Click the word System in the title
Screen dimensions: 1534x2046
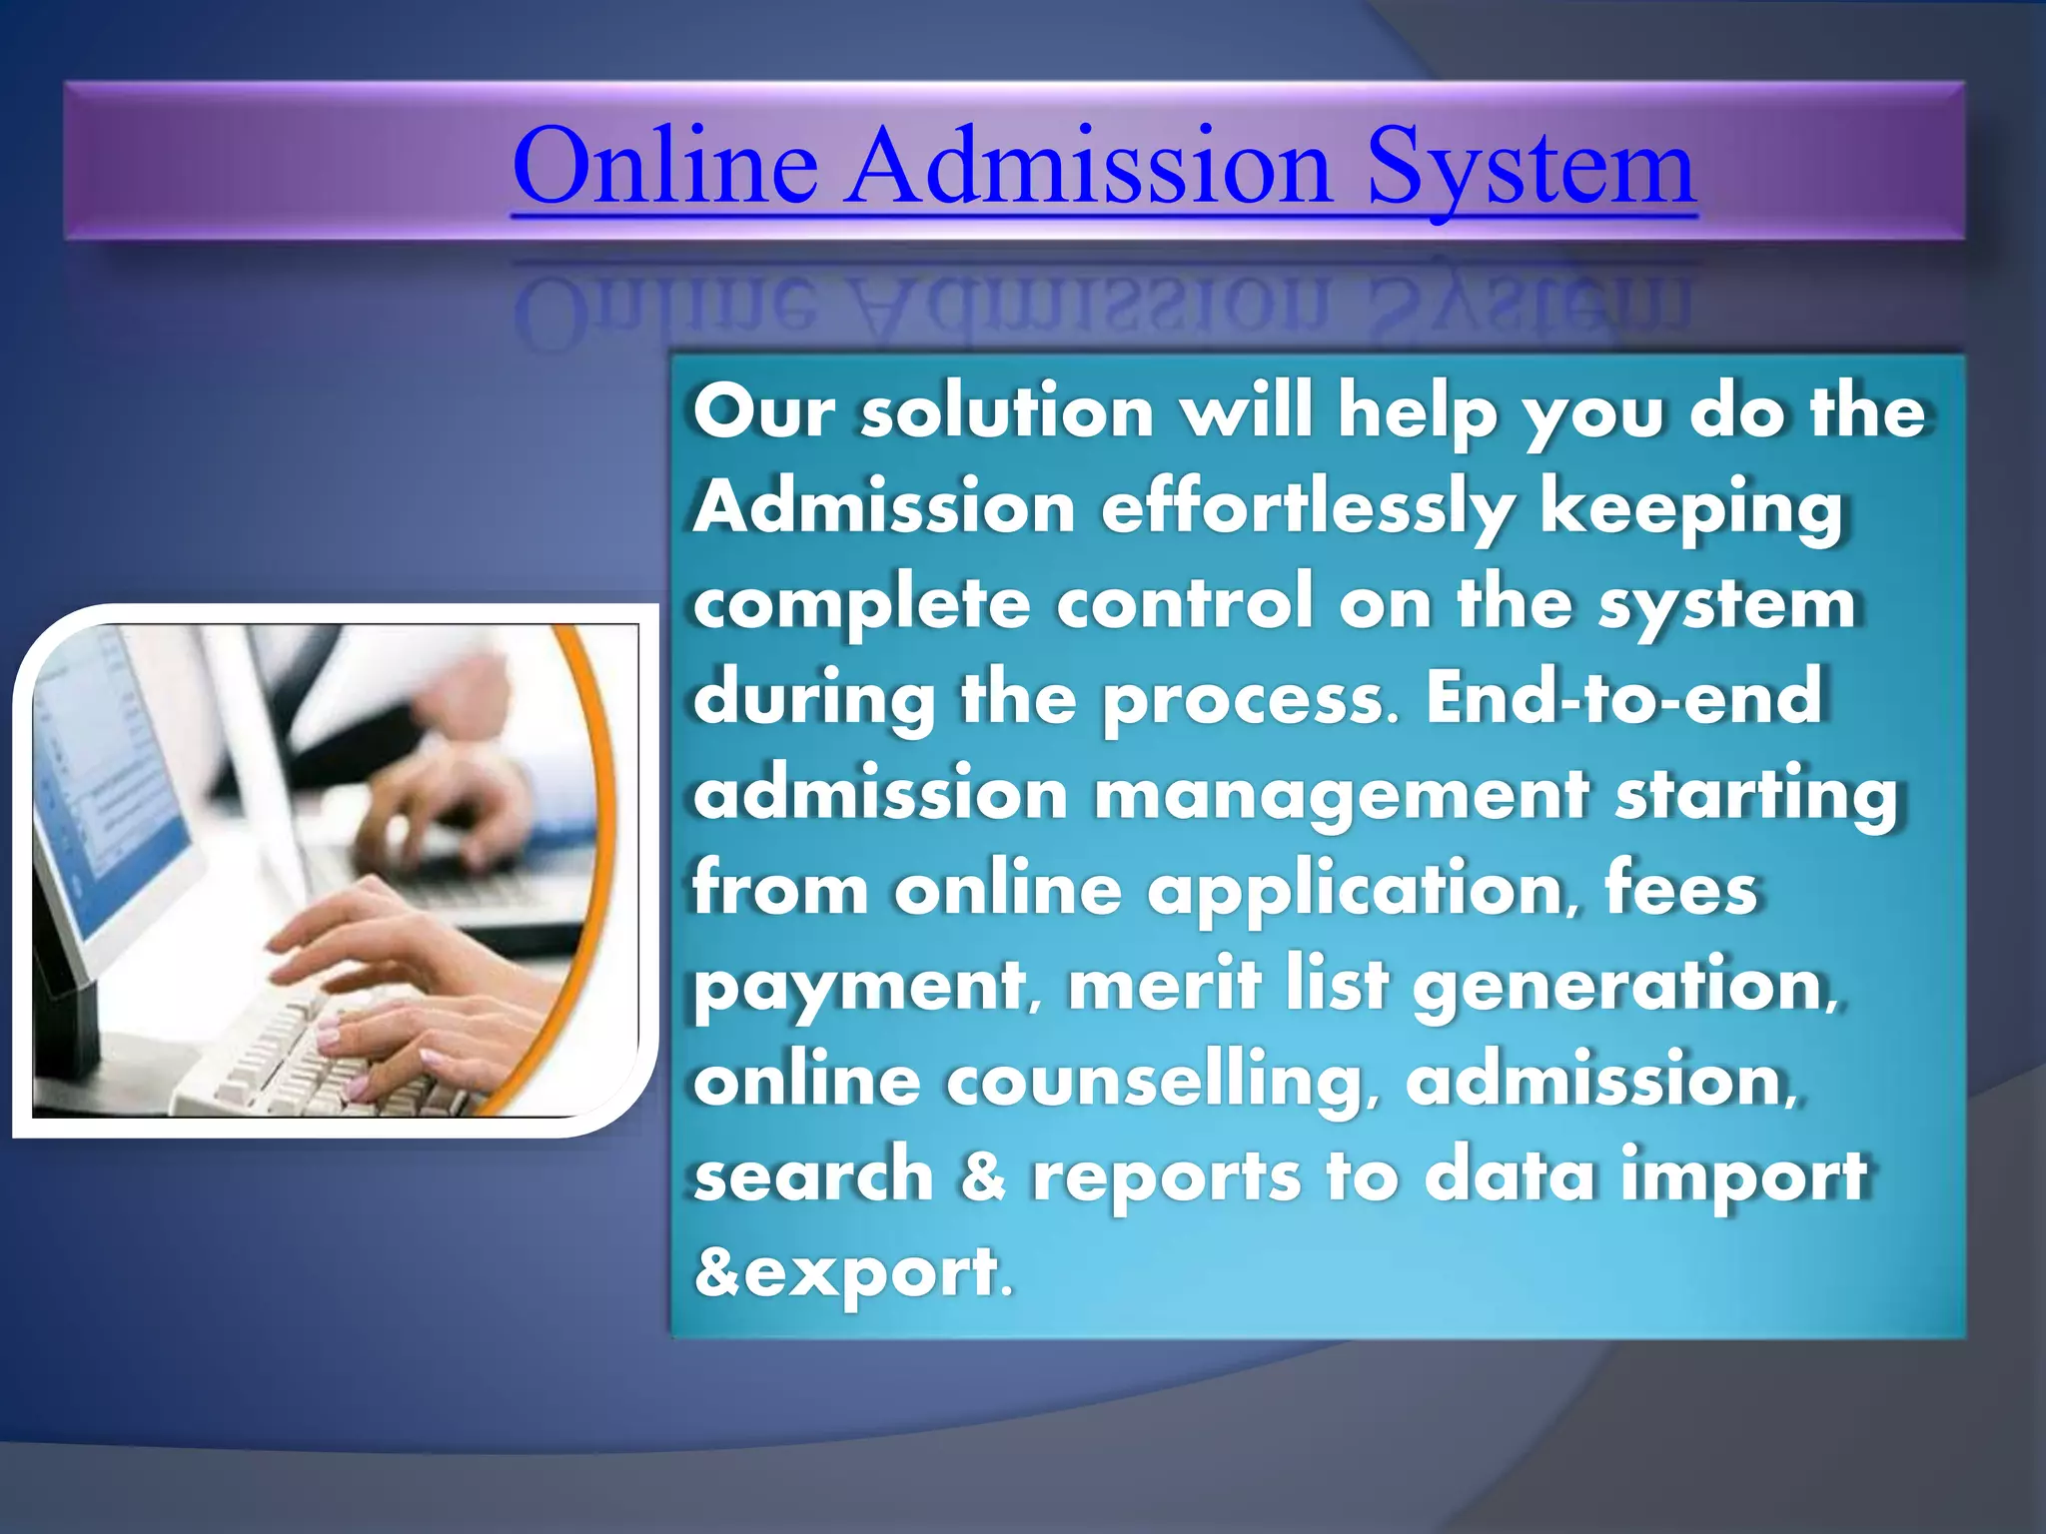point(1531,168)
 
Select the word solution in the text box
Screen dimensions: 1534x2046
point(1007,411)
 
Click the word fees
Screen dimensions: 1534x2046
point(1680,889)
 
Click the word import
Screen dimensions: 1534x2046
point(1743,1176)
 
